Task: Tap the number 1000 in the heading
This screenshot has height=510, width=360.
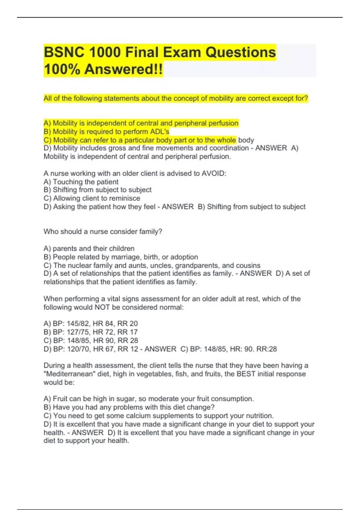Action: point(104,52)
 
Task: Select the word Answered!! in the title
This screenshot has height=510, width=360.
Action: point(124,69)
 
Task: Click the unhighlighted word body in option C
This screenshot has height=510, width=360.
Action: point(246,140)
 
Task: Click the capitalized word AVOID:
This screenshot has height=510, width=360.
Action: point(214,173)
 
